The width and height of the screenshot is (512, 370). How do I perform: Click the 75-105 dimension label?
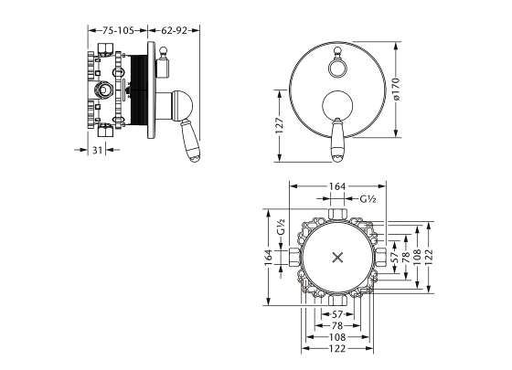[x=116, y=29]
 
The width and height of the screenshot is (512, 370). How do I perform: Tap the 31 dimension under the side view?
[x=98, y=151]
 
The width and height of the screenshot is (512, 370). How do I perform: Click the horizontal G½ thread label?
[x=368, y=198]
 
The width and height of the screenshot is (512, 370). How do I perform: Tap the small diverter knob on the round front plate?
[x=339, y=66]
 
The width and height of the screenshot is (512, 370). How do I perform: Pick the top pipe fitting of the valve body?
[x=338, y=216]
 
